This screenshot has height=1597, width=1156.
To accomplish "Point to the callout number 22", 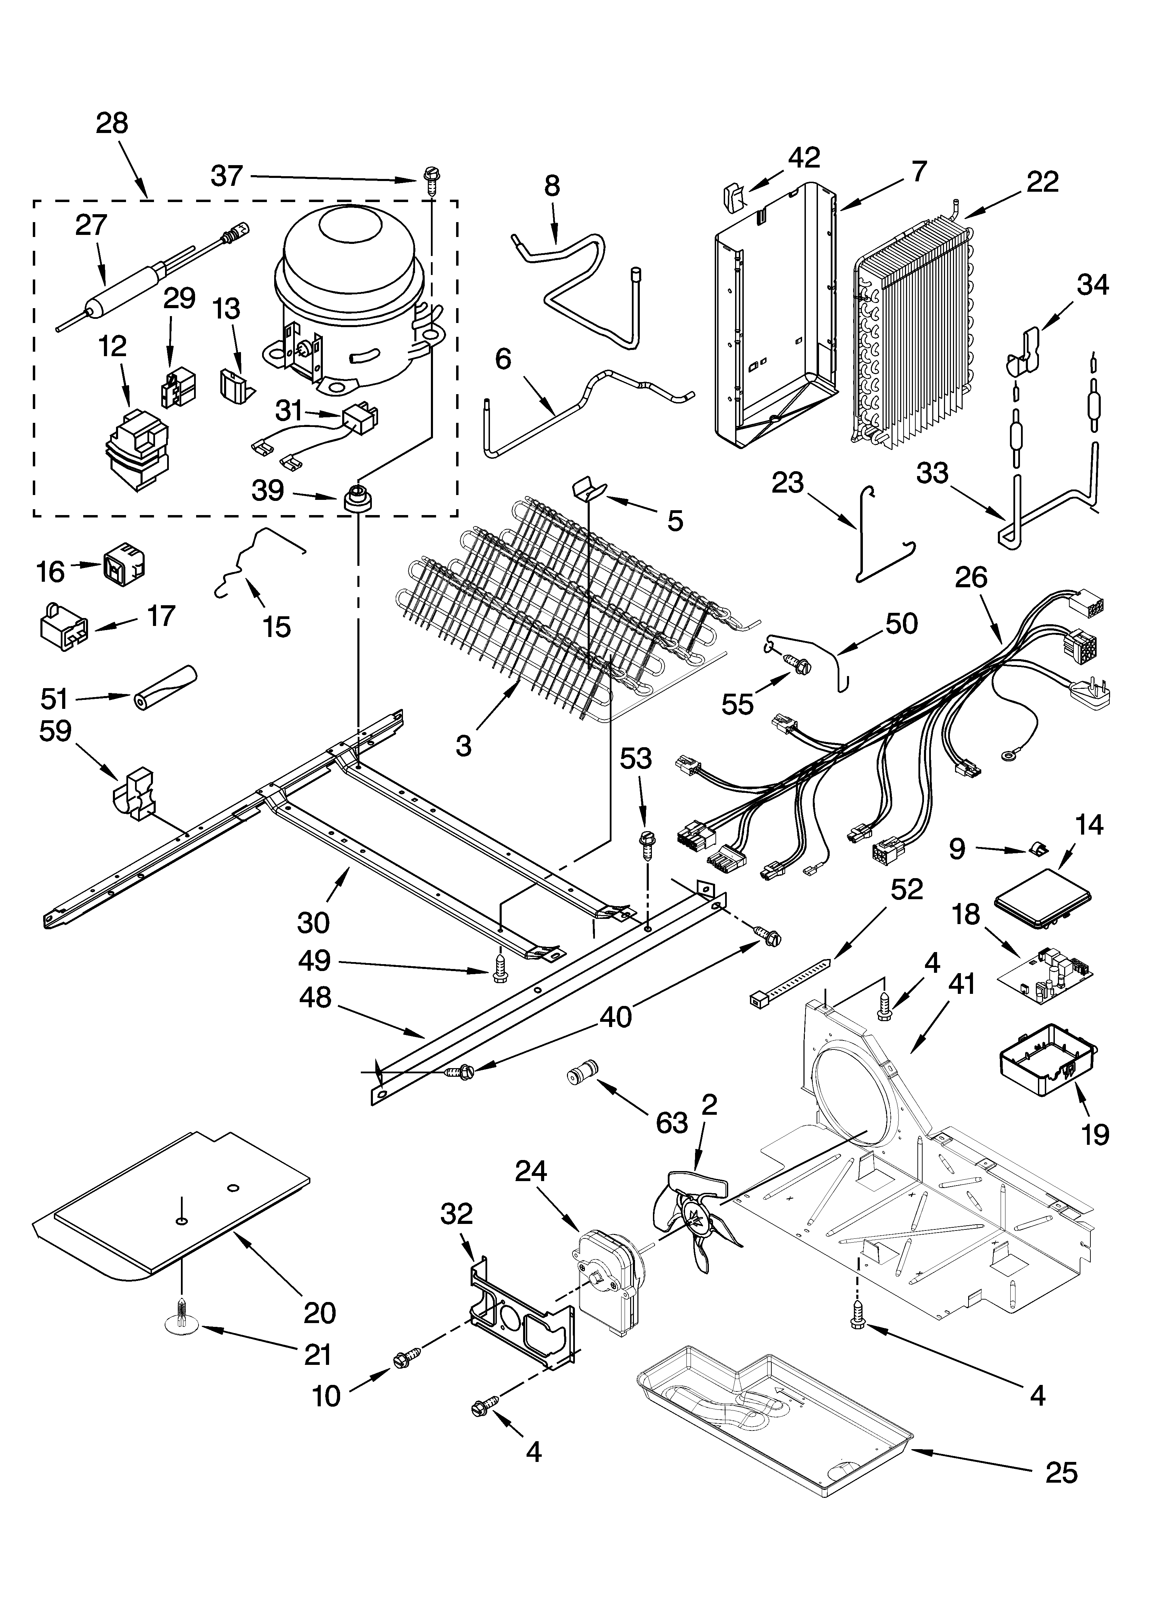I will (1042, 182).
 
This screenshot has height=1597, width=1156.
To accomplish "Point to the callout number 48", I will (315, 998).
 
